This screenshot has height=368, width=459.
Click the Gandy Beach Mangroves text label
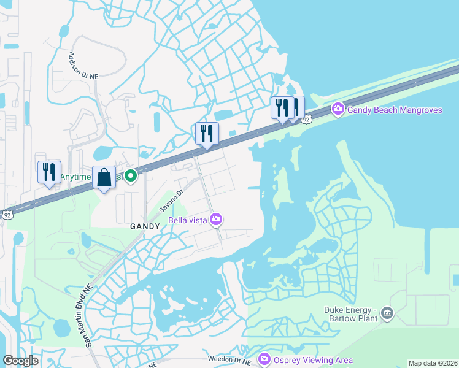(x=395, y=110)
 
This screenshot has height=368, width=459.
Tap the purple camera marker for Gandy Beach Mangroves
(x=337, y=109)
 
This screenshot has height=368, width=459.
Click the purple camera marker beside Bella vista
(x=216, y=219)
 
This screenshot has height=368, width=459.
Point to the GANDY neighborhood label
(x=145, y=226)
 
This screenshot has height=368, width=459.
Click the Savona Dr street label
(x=172, y=201)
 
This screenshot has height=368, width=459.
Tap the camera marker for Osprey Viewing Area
(x=264, y=359)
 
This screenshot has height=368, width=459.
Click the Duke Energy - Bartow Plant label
(x=350, y=314)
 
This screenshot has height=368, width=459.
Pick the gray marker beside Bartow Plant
(x=387, y=314)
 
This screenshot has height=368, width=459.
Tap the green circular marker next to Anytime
(x=131, y=177)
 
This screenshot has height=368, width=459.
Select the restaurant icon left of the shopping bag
(x=49, y=172)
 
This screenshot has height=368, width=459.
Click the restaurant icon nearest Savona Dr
(x=207, y=133)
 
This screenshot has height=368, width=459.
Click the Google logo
(x=20, y=361)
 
